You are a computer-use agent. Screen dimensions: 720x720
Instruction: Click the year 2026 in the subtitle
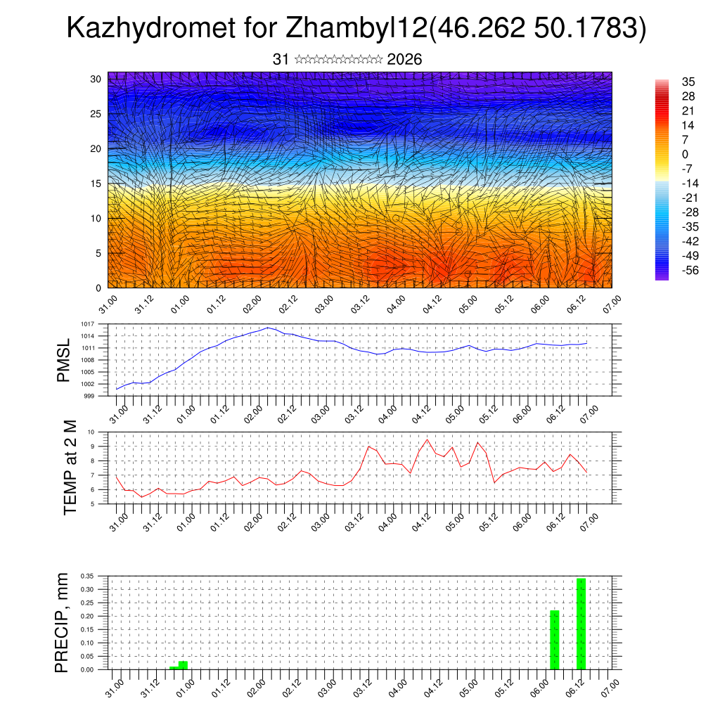coord(404,60)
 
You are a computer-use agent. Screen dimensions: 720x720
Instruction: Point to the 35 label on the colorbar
coord(688,82)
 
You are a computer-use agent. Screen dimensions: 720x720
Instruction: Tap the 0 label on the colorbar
coord(685,154)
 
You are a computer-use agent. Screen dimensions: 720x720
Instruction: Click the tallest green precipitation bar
coord(581,623)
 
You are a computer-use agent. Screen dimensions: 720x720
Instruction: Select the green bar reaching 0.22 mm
coord(554,640)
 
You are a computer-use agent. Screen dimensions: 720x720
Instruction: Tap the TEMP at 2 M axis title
coord(70,468)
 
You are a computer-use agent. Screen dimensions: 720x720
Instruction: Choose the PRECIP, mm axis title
coord(63,622)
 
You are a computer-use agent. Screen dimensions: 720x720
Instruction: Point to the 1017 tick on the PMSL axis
coord(88,324)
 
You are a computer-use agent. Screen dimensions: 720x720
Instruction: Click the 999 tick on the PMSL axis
coord(89,396)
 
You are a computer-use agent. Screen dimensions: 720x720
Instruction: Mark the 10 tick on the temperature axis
coord(91,432)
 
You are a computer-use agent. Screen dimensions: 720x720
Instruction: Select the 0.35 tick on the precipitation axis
coord(87,576)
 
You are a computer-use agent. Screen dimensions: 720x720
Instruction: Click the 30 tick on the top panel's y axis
coord(96,79)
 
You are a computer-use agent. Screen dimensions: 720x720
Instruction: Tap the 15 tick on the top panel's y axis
coord(96,184)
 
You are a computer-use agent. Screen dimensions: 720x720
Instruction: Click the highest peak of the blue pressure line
coord(268,328)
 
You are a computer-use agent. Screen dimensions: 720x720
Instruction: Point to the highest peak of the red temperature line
coord(427,439)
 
